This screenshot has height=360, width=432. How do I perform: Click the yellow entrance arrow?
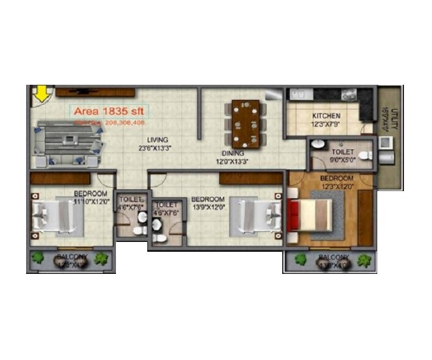tap(42, 95)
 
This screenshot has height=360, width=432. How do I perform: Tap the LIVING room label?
tap(158, 140)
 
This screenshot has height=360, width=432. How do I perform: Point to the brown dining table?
tap(245, 123)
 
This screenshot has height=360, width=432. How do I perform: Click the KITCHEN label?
tap(326, 115)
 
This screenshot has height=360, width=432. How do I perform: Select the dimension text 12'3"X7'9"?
tap(326, 123)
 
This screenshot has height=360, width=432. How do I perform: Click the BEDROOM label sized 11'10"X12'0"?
tap(90, 194)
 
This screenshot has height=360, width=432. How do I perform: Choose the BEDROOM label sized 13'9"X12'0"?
tap(208, 199)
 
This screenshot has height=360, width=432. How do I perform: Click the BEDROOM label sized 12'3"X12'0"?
tap(337, 178)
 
